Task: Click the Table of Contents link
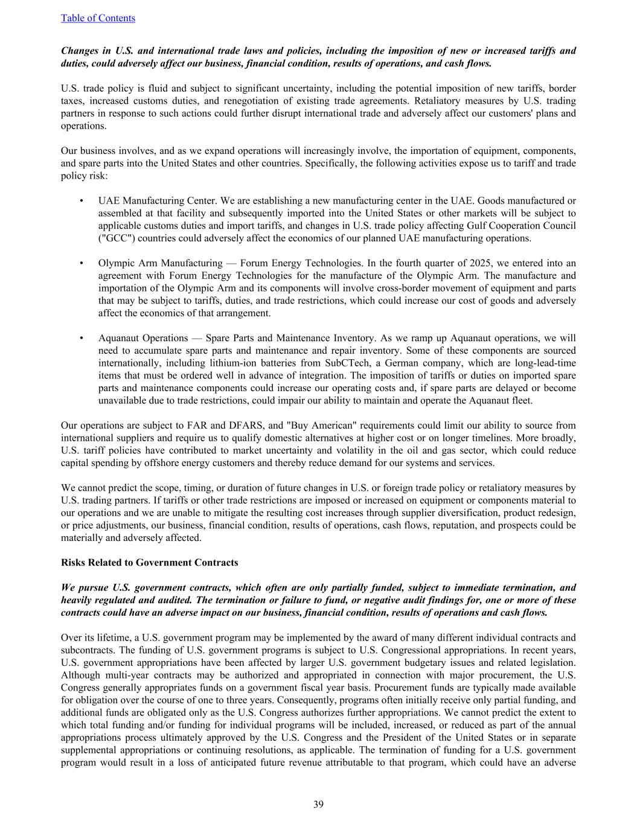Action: (x=98, y=18)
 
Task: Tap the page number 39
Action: (x=318, y=804)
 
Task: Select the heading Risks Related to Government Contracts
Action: (x=149, y=563)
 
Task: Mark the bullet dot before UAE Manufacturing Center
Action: (x=81, y=200)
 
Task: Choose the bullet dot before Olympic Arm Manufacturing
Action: (x=81, y=263)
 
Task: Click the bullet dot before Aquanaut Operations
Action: (x=81, y=338)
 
